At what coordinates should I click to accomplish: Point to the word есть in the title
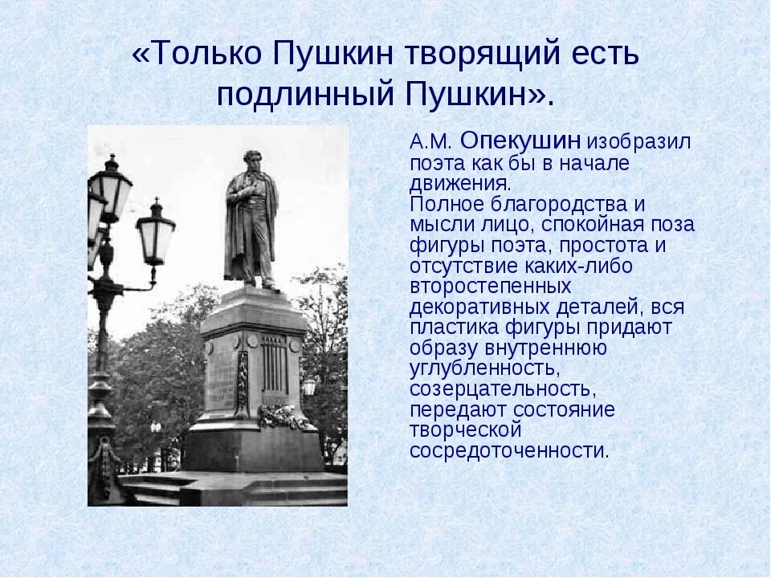(x=602, y=55)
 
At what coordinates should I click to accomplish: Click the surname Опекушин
(x=521, y=141)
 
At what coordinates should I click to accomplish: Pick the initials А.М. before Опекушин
(x=432, y=143)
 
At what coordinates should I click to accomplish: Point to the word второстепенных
(x=490, y=287)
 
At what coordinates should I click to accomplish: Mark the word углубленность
(x=483, y=368)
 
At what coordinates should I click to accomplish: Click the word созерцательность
(x=502, y=389)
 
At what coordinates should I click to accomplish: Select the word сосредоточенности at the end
(x=509, y=450)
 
